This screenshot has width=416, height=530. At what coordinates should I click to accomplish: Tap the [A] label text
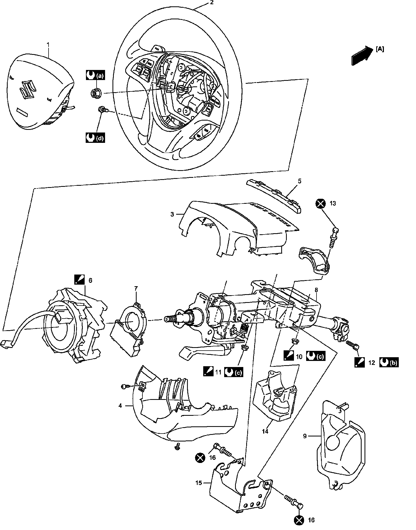tap(380, 49)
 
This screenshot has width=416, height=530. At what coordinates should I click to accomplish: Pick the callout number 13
tap(333, 203)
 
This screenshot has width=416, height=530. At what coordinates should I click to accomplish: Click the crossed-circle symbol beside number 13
tap(320, 204)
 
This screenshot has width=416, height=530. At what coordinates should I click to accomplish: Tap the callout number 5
tap(300, 181)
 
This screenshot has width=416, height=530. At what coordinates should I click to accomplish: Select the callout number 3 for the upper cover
tap(172, 214)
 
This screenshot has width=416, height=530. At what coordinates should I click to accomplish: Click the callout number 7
tap(136, 288)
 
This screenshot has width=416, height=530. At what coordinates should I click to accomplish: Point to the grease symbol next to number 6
tap(80, 280)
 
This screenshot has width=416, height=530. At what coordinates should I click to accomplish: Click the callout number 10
tap(299, 357)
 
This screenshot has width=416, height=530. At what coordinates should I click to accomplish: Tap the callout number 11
tap(218, 372)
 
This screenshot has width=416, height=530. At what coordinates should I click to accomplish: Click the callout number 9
tap(305, 436)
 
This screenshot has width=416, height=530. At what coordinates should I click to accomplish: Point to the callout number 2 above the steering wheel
tap(211, 3)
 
